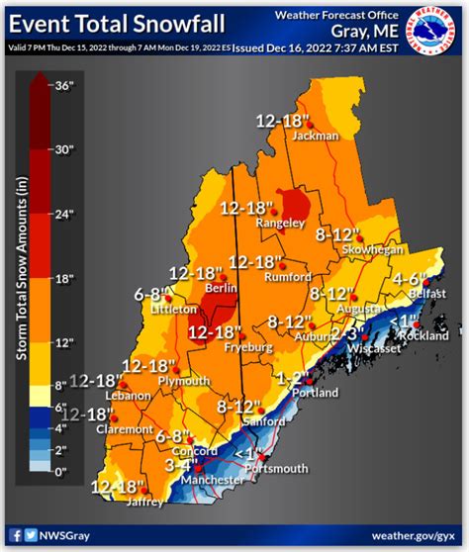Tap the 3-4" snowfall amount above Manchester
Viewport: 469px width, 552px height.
coord(185,465)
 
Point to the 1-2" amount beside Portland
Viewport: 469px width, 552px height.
coord(296,377)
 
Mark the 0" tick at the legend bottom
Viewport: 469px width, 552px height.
coord(62,472)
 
